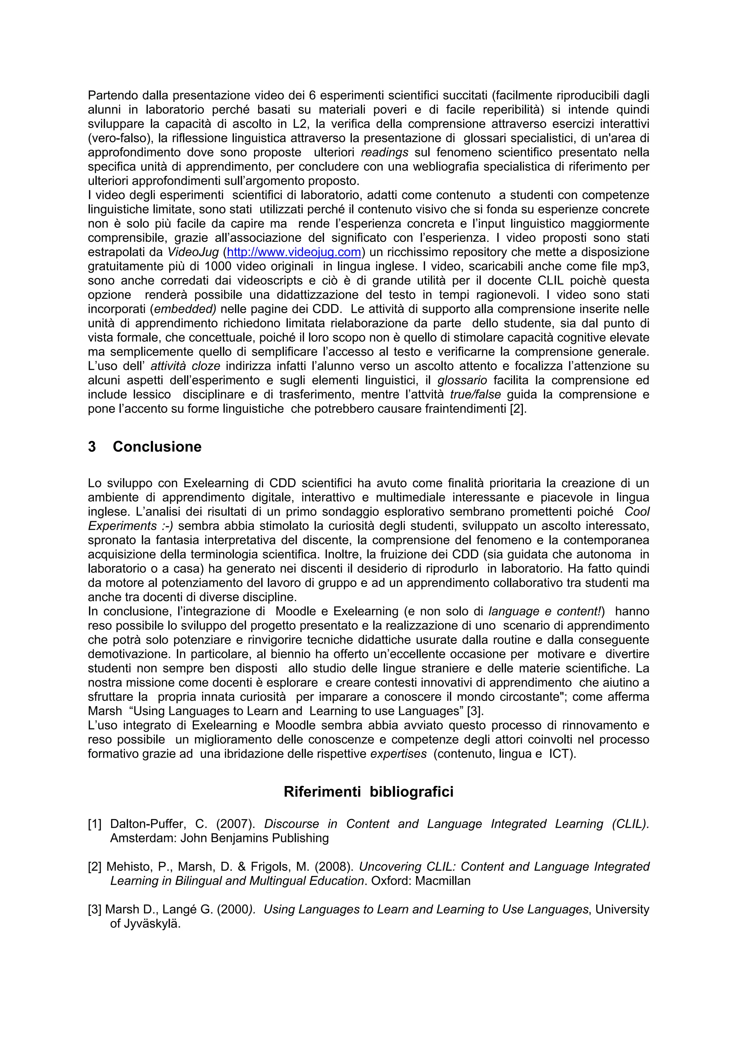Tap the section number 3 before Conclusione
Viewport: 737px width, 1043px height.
click(x=92, y=447)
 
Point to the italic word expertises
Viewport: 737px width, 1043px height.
click(x=398, y=754)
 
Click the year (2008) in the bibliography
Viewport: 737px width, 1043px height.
click(x=334, y=867)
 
